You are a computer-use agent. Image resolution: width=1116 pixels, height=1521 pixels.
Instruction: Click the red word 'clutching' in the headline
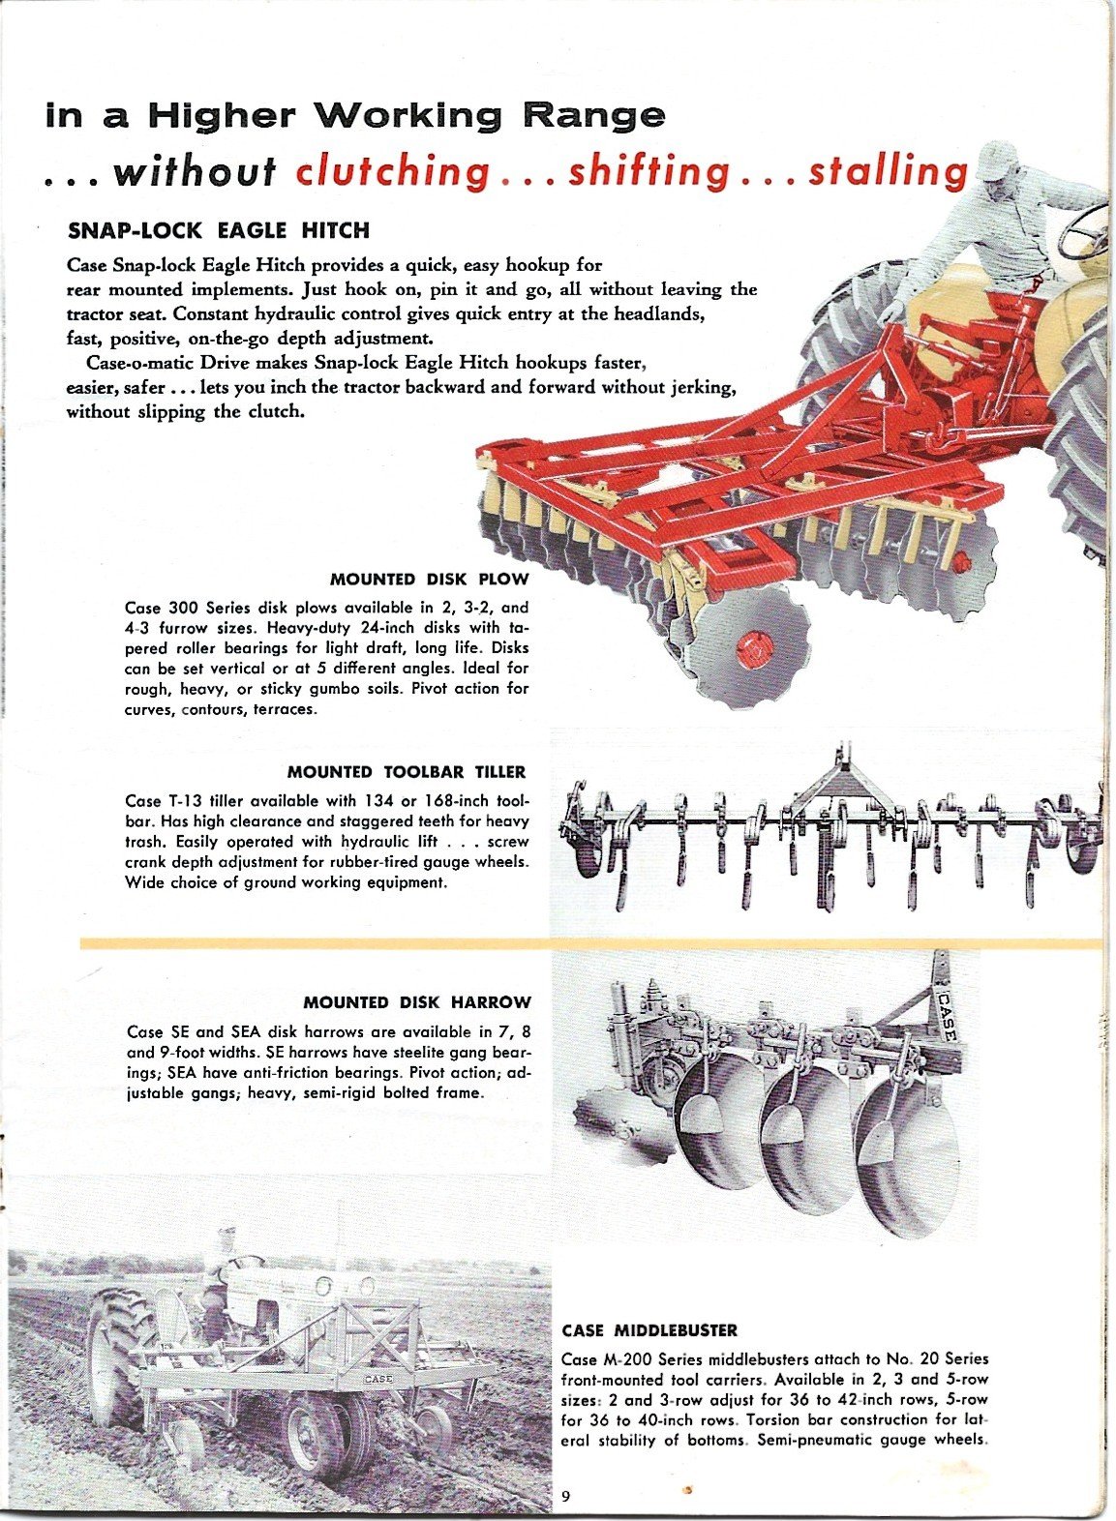point(392,172)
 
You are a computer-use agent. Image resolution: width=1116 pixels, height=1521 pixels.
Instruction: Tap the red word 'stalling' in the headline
point(888,171)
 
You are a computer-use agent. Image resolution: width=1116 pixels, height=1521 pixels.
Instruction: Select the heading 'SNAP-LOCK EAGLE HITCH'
point(218,231)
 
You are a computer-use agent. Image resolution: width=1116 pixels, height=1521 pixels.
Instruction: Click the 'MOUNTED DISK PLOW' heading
point(429,580)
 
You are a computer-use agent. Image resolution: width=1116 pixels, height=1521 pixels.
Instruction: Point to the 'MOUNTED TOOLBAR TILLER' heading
point(407,772)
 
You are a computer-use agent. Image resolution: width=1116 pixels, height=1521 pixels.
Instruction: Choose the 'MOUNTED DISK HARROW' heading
point(417,1002)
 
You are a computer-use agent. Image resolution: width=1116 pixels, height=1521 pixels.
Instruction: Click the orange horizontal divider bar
point(591,943)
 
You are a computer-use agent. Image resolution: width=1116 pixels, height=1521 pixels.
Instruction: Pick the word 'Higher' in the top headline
point(222,116)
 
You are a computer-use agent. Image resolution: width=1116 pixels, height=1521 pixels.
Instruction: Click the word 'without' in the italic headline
point(194,172)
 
